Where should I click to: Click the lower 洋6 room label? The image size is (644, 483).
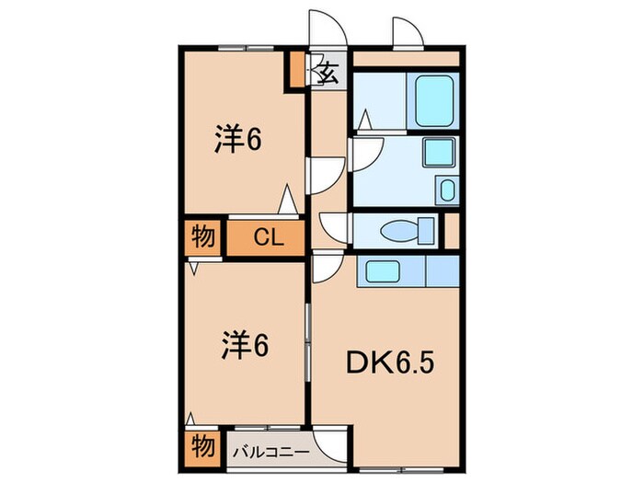point(244,346)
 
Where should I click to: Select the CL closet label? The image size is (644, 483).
point(267,238)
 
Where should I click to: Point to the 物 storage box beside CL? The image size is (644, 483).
point(203,237)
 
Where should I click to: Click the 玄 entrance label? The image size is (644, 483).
point(328,72)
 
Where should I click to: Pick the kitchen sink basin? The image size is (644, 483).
point(380,270)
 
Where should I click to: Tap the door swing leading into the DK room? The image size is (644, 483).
point(325,269)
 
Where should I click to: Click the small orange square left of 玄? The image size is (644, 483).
point(297,69)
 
